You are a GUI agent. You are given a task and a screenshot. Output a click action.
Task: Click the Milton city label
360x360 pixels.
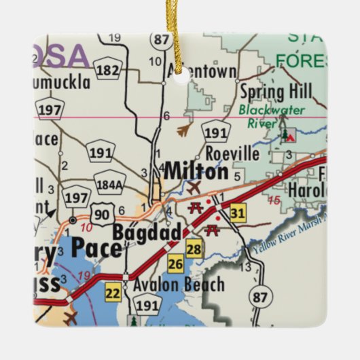[196, 171]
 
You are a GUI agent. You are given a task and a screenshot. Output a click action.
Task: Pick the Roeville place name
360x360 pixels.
[232, 154]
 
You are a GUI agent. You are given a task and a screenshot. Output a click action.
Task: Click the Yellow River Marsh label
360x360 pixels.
[288, 237]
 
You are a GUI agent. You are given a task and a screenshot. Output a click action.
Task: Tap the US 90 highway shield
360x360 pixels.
[101, 214]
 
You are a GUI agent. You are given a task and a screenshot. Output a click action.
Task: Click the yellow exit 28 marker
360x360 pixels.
[195, 249]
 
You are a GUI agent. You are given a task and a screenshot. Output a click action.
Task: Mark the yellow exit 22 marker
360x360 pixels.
[112, 293]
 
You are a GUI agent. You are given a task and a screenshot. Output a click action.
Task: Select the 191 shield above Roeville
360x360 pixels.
[216, 132]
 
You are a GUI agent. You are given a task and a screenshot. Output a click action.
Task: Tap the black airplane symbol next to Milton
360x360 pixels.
[194, 187]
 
